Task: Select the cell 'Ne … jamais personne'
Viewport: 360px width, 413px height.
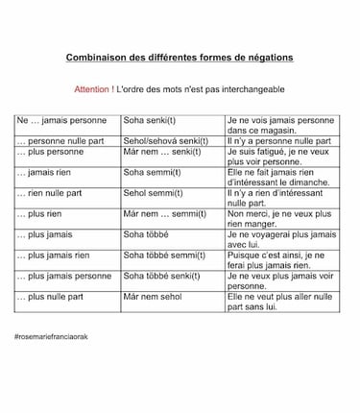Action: [63, 121]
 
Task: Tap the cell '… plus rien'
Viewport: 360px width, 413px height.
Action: [39, 214]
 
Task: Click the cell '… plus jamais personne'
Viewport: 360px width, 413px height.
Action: [64, 276]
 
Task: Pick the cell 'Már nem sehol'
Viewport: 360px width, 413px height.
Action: [152, 297]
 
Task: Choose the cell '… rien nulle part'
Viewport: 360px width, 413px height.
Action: [50, 193]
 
